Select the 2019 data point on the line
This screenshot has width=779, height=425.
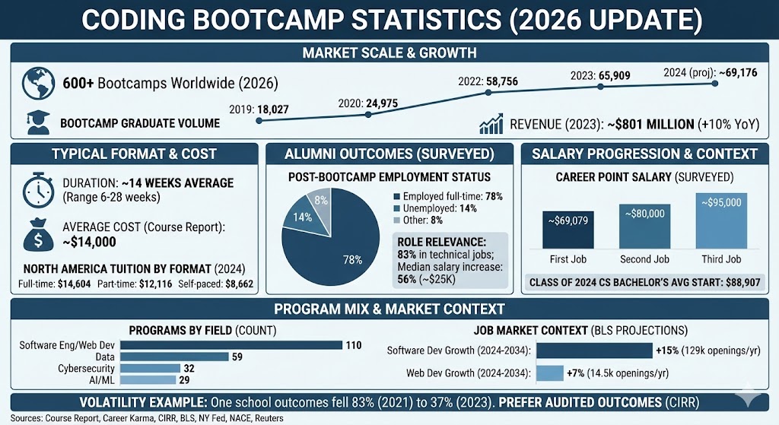[x=259, y=121]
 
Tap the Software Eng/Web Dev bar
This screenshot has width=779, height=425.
[x=231, y=344]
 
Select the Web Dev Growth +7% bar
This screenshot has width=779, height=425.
[x=549, y=373]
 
